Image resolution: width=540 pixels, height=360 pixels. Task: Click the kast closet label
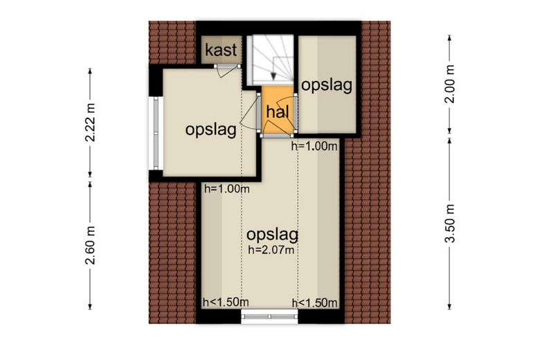221,50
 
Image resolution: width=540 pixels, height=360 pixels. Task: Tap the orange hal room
278,109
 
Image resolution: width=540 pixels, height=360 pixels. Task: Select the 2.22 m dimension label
90,123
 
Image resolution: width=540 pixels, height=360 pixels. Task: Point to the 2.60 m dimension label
90,245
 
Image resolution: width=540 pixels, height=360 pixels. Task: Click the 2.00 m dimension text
450,84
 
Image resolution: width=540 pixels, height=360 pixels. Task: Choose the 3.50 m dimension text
450,223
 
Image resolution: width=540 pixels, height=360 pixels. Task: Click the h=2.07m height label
271,249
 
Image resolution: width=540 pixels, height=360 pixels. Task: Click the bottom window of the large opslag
269,316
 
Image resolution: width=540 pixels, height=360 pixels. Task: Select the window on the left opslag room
156,133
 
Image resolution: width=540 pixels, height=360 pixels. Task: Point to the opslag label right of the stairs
327,84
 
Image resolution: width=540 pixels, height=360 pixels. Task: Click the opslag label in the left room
210,130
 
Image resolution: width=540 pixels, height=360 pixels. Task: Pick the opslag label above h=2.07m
272,235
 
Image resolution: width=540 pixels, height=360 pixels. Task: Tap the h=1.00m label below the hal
314,146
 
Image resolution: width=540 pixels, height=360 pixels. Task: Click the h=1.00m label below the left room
227,189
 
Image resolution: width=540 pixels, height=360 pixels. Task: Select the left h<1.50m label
226,302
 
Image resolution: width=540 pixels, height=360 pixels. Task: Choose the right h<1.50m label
315,303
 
